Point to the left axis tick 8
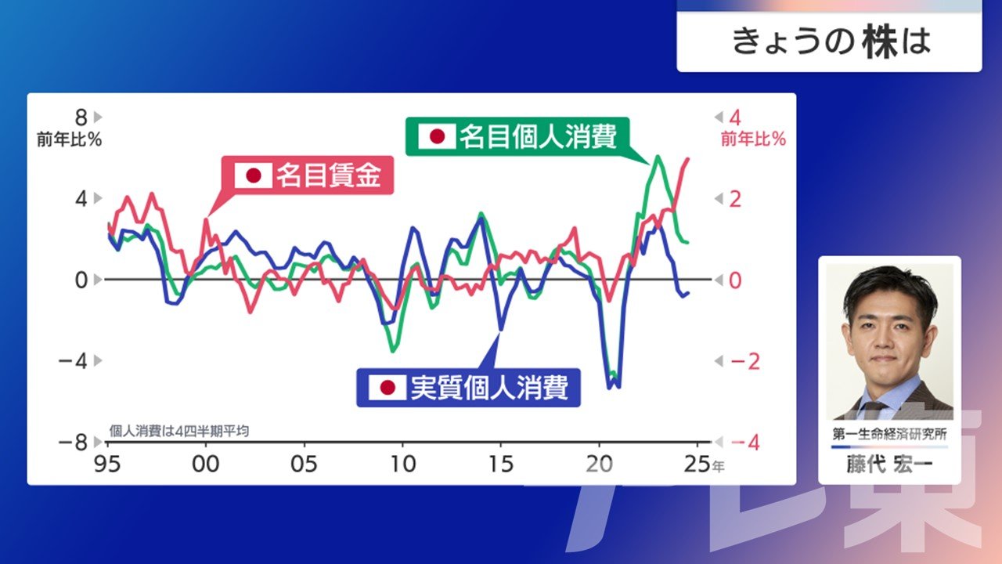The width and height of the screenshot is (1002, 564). pyautogui.click(x=81, y=117)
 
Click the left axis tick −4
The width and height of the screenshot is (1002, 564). pyautogui.click(x=73, y=361)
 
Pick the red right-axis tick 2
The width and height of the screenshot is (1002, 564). pyautogui.click(x=735, y=199)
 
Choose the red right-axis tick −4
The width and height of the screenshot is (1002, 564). pyautogui.click(x=745, y=443)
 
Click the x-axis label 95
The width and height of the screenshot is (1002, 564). pyautogui.click(x=107, y=465)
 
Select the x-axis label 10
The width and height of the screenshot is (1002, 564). pyautogui.click(x=403, y=465)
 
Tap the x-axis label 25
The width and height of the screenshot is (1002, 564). pyautogui.click(x=697, y=465)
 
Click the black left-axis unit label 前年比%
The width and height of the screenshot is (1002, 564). pyautogui.click(x=70, y=139)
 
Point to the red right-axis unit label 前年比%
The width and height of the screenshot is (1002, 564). pyautogui.click(x=753, y=139)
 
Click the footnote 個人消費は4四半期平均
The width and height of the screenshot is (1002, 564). pyautogui.click(x=179, y=431)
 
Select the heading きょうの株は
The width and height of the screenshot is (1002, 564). pyautogui.click(x=831, y=42)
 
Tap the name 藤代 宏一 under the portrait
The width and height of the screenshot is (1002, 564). pyautogui.click(x=889, y=465)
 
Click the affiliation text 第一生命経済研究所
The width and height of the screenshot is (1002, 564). pyautogui.click(x=889, y=434)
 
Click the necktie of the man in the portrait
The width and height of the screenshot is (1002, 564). pyautogui.click(x=873, y=410)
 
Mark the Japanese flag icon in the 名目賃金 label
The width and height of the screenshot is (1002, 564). pyautogui.click(x=254, y=175)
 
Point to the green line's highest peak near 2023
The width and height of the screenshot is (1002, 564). pyautogui.click(x=658, y=156)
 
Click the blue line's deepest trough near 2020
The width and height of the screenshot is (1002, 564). pyautogui.click(x=609, y=387)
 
